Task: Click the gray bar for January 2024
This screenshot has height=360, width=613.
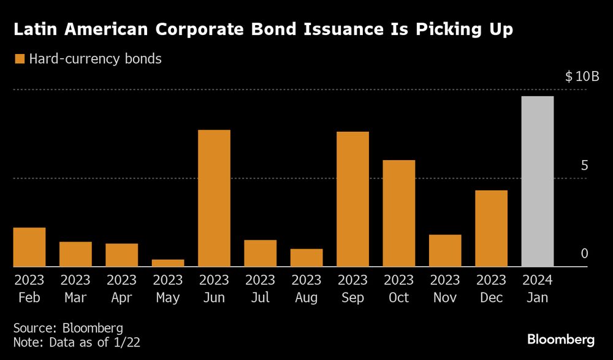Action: coord(538,182)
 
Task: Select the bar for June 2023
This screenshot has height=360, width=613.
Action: coord(214,198)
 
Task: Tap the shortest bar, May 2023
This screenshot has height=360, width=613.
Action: coord(168,263)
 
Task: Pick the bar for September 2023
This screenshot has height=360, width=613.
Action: coord(352,199)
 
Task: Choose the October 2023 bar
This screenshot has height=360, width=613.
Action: coord(399,213)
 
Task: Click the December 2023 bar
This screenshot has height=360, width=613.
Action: coord(492,228)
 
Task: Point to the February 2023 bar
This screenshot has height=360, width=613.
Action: coord(29,247)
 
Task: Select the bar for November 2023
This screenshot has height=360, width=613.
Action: coord(445,250)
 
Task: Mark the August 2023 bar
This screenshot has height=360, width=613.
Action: coord(306,258)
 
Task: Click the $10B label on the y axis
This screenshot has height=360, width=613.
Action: coord(582,77)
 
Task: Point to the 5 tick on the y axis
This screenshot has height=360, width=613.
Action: coord(584,166)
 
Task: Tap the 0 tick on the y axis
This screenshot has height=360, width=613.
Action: coord(584,254)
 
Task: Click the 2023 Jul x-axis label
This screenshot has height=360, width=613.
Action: coord(260,289)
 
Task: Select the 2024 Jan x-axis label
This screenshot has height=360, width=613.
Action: coord(538,289)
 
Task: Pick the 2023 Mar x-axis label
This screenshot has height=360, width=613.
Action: coord(75,289)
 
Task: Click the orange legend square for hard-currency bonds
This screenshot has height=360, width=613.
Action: coord(19,59)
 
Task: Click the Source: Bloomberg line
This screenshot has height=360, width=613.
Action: coord(68,327)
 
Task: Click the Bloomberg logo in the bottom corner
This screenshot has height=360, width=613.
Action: coord(561,339)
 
